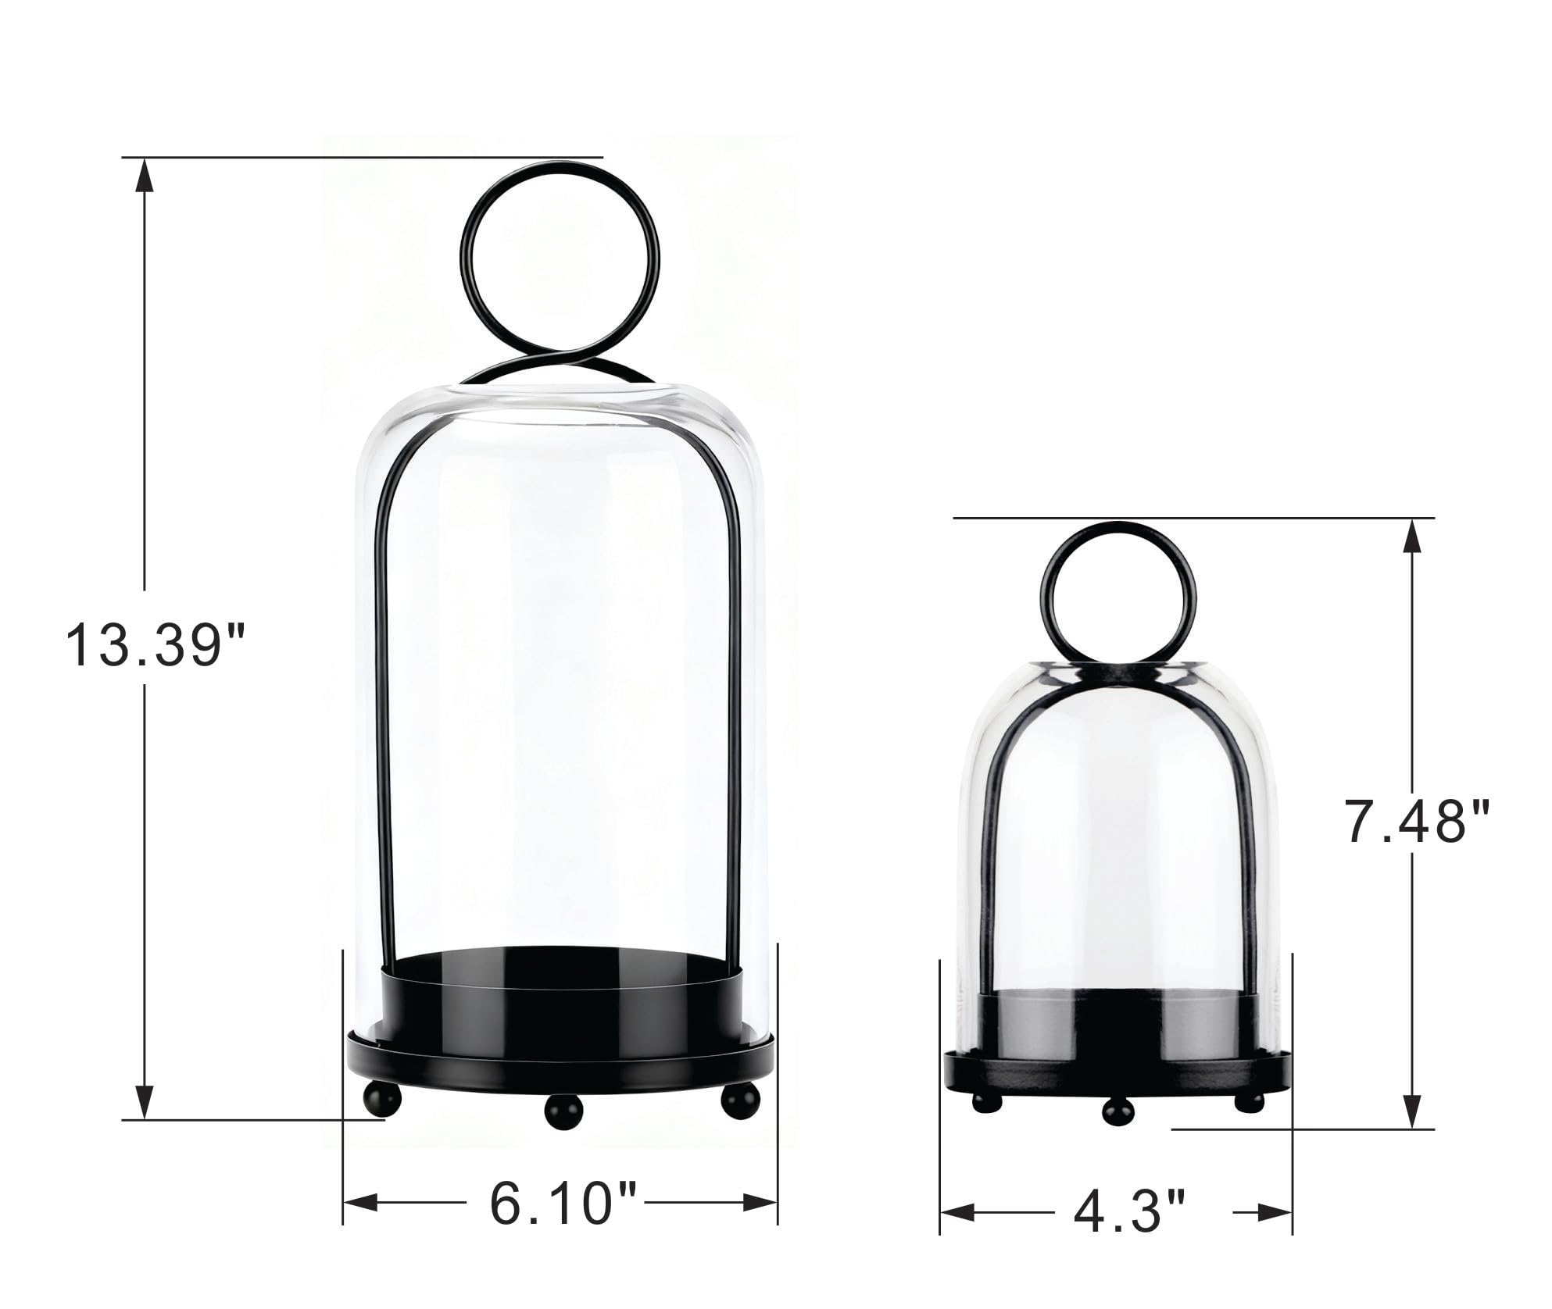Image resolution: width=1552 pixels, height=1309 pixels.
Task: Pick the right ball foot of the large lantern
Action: pos(739,1100)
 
